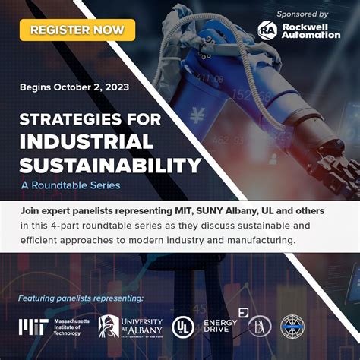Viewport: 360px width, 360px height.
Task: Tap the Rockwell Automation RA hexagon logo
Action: click(267, 29)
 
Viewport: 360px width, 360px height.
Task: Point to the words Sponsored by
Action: click(302, 14)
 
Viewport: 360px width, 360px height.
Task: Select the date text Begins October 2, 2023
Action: click(74, 87)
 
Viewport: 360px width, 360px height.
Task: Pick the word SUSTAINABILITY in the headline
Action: click(110, 165)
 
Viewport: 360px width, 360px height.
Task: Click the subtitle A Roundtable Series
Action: click(70, 185)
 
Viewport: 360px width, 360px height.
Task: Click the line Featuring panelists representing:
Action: click(80, 297)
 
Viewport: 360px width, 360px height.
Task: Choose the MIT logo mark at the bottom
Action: click(34, 327)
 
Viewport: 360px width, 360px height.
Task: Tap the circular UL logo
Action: click(183, 327)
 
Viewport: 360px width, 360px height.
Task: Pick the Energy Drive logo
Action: click(221, 327)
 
